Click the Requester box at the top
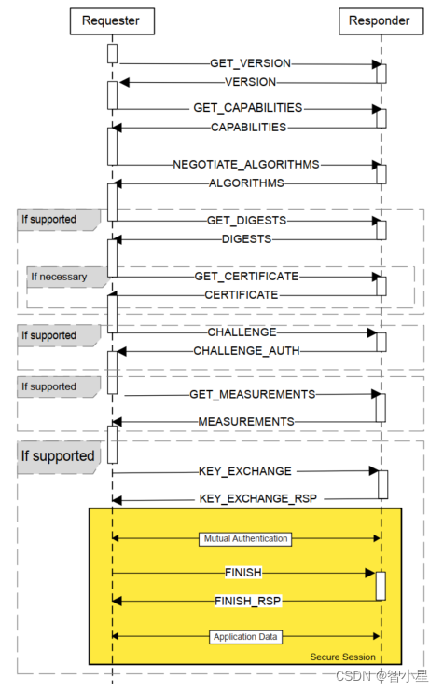112,21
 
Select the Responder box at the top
380,21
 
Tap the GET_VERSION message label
250,63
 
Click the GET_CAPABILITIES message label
248,108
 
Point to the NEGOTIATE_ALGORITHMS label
246,164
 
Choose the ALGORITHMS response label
246,183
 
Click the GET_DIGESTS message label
246,221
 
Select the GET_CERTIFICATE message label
246,277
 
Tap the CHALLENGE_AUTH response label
246,351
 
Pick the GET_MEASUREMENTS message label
252,394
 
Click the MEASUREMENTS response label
246,422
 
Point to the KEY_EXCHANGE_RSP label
258,499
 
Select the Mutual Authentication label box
246,538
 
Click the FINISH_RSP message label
248,602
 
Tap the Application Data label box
246,637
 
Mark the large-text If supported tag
58,456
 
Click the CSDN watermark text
350,677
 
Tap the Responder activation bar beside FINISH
381,586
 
